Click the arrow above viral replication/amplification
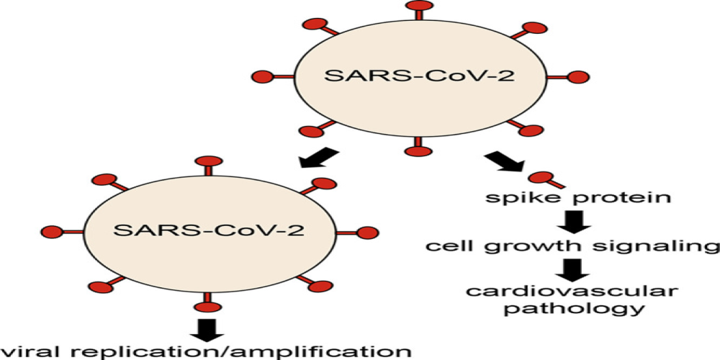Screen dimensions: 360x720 pyautogui.click(x=210, y=328)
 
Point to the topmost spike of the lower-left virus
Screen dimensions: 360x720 pyautogui.click(x=210, y=163)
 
